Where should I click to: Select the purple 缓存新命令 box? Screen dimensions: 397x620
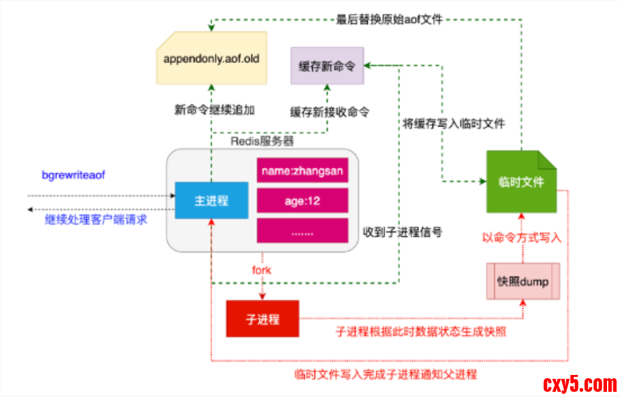(327, 66)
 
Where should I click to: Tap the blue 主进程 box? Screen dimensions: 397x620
(211, 200)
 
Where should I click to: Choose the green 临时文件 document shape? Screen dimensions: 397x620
(521, 182)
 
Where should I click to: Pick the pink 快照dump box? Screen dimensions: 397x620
(523, 281)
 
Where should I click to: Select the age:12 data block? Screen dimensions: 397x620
(302, 201)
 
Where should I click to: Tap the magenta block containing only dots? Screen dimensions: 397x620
(302, 230)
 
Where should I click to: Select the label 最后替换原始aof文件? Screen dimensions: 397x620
(389, 19)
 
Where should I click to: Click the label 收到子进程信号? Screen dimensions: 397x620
(402, 232)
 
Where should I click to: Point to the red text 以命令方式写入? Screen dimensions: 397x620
(522, 238)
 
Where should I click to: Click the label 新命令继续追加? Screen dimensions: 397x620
(211, 110)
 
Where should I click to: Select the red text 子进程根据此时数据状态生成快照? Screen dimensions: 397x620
(420, 331)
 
